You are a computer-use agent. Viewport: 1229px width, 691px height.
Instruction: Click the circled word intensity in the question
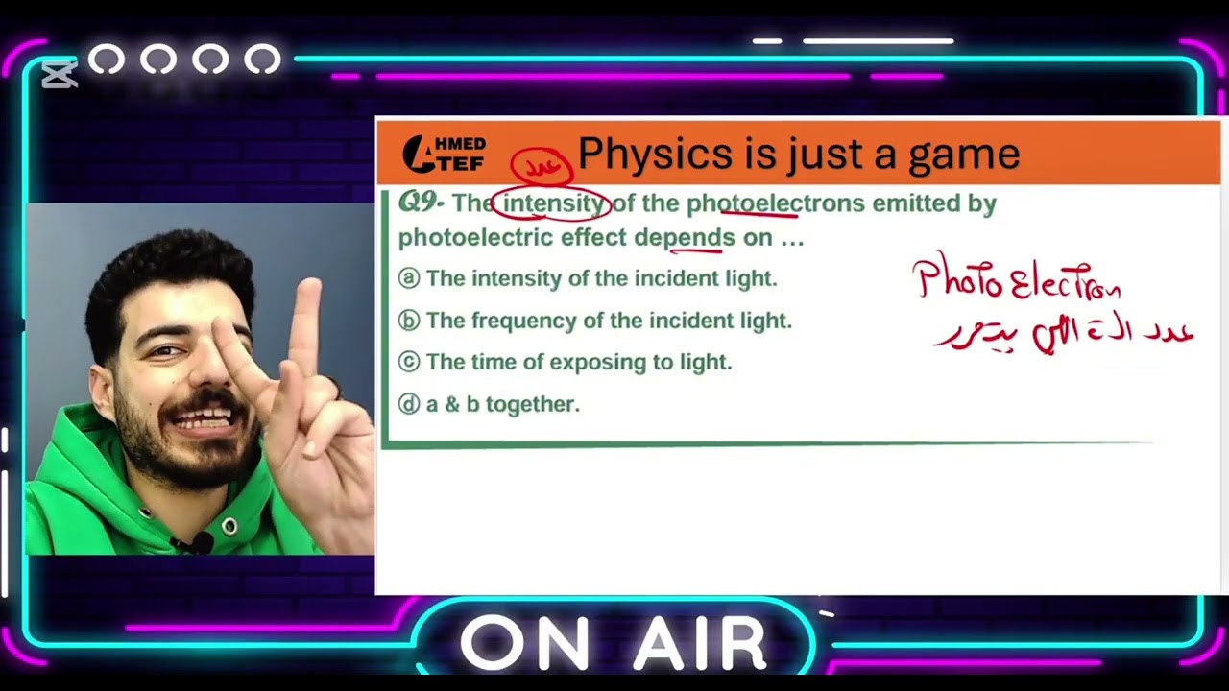(x=552, y=203)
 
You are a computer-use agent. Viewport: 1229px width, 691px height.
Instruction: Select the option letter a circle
(x=409, y=278)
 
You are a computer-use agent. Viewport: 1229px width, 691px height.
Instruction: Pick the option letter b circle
(x=409, y=321)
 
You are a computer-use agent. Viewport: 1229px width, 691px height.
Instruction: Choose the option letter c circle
(x=409, y=362)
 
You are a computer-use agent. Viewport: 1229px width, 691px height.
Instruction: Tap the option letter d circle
(x=409, y=404)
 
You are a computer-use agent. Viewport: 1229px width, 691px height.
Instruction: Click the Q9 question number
(x=421, y=203)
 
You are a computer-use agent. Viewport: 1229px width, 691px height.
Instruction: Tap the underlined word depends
(x=685, y=237)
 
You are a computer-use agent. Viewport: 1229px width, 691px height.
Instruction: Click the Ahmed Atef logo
(x=444, y=154)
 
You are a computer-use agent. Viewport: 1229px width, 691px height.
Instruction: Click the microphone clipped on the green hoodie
(x=199, y=544)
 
